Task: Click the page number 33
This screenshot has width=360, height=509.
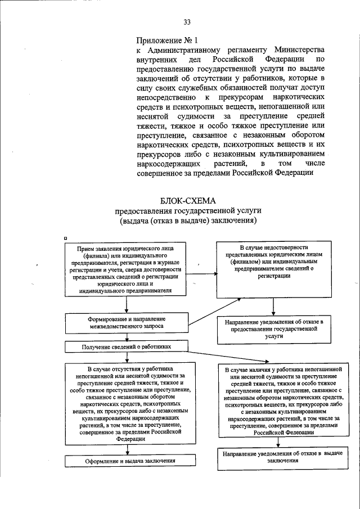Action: coord(187,22)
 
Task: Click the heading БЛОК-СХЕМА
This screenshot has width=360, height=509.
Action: coord(187,200)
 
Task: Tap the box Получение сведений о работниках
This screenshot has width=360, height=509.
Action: coord(127,348)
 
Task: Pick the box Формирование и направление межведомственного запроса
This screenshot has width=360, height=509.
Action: coord(127,323)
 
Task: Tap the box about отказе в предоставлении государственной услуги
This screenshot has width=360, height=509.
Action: coord(273,329)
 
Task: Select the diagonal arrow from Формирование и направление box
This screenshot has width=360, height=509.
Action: coord(202,313)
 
